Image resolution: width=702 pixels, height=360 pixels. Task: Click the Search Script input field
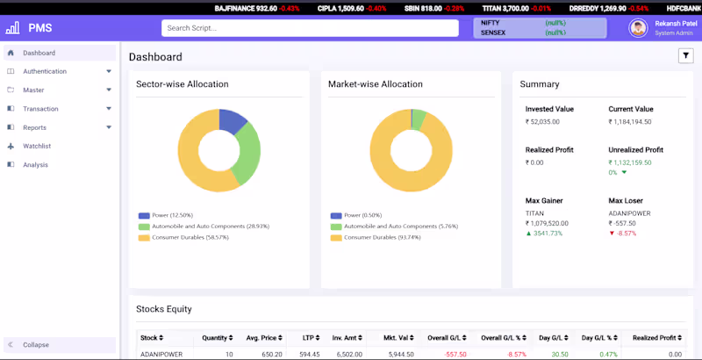point(310,28)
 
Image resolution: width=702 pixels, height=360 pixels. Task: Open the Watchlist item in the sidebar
point(37,146)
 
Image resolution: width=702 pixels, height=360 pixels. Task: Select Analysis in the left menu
point(35,164)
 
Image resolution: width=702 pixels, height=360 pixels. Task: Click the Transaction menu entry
point(40,109)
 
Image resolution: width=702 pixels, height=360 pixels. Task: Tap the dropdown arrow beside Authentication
point(109,71)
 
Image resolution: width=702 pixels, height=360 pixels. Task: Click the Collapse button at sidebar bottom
point(36,345)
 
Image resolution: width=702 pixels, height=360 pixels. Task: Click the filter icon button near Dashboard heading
point(685,56)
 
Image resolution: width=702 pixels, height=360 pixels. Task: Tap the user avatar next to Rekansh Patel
point(638,28)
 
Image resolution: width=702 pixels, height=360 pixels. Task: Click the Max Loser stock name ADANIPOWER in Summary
point(630,213)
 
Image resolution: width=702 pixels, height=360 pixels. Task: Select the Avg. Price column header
point(264,337)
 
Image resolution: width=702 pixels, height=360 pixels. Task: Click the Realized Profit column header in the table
point(656,337)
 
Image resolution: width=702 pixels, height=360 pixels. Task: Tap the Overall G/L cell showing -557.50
point(455,354)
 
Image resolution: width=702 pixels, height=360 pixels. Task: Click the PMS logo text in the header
point(40,28)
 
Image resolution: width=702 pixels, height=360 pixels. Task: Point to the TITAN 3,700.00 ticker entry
point(505,8)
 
